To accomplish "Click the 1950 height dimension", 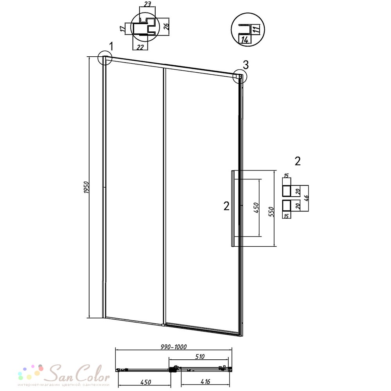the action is point(86,187).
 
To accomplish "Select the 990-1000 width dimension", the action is point(174,347).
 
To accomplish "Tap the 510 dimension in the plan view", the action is point(200,357).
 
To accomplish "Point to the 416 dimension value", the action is point(205,381).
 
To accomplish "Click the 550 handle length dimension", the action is point(272,212).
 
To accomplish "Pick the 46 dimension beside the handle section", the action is point(307,198).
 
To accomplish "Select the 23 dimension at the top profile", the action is point(147,4).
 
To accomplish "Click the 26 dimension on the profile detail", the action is point(166,25).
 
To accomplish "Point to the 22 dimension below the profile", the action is point(140,47).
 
